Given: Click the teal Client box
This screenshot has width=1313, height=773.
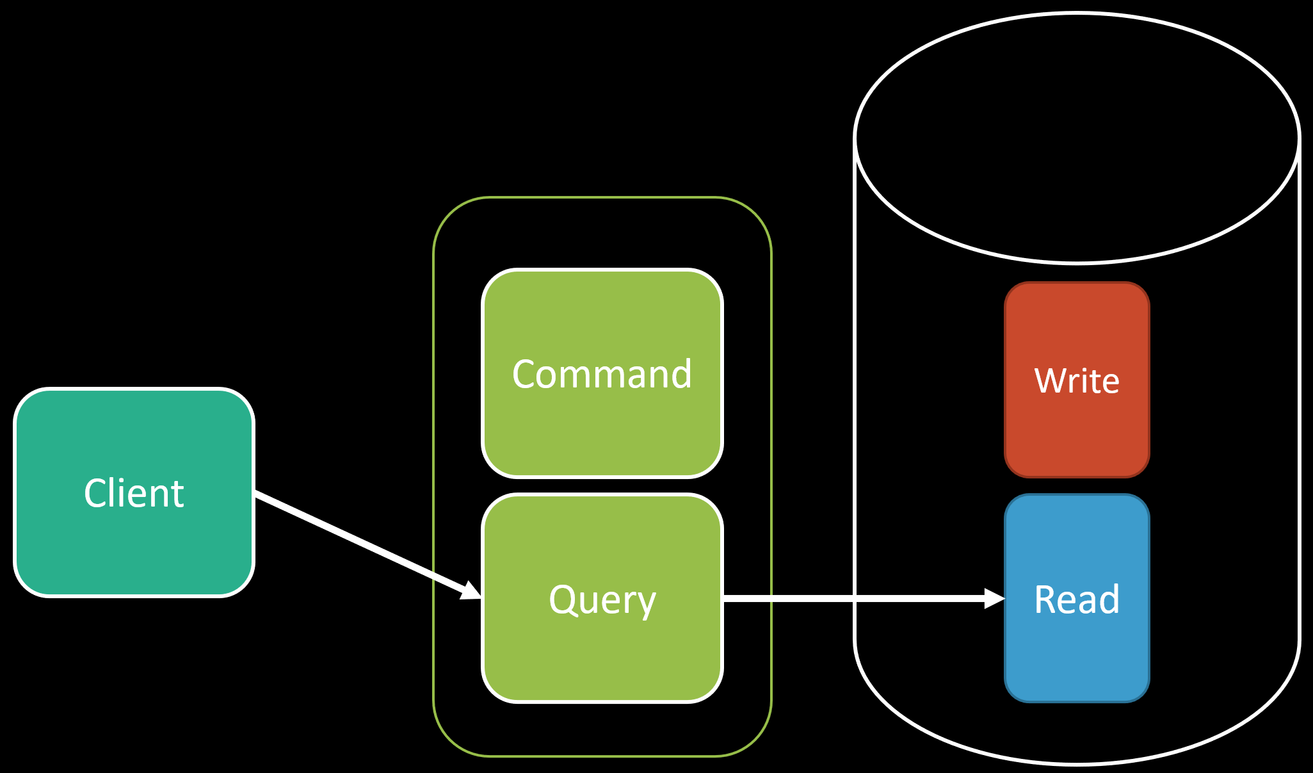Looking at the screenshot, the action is pos(134,492).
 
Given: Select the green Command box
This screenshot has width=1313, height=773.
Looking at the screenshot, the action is pos(602,373).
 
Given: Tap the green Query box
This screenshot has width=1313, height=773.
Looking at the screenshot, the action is pos(602,598).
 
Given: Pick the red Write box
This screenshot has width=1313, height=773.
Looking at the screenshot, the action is pos(1077,380).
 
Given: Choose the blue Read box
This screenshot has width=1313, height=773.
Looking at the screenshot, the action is pos(1077,598).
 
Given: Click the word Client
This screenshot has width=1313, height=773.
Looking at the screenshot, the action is pos(134,493).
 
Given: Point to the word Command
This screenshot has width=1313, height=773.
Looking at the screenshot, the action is pos(602,374).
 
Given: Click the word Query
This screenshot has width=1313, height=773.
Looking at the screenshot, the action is pos(602,601).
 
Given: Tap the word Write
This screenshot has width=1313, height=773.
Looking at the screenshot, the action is pos(1077,381).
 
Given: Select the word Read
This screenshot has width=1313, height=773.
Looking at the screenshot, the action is pos(1077,600).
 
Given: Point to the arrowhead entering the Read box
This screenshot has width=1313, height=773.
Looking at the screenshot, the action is pos(994,598).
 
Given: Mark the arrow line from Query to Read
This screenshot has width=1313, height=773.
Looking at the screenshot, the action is pos(864,598).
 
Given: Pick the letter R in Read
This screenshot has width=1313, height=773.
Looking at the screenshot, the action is pos(1045,600).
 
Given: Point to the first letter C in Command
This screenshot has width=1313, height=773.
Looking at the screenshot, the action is pos(525,375).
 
